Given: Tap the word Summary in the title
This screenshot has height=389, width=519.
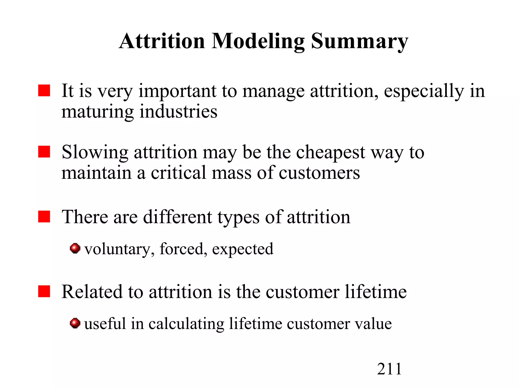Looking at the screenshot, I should pos(359,42).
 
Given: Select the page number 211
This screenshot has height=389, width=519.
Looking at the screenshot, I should pos(389,369).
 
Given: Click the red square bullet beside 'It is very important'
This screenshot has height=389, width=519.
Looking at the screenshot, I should pos(44,91).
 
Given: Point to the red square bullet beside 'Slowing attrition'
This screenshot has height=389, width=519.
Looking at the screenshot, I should pos(44,152).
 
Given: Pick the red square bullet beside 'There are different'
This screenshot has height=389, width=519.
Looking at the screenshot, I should pos(44,217).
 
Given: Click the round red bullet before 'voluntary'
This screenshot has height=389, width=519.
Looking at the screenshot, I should pos(75,248).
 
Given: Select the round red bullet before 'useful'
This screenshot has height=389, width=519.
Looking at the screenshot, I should pos(75,323).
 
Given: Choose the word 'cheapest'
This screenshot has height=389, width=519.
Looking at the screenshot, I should pos(330,153).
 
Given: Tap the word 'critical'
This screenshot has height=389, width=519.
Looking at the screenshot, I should pos(178,173).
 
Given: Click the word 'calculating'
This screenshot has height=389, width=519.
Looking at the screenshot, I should pos(186,324).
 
